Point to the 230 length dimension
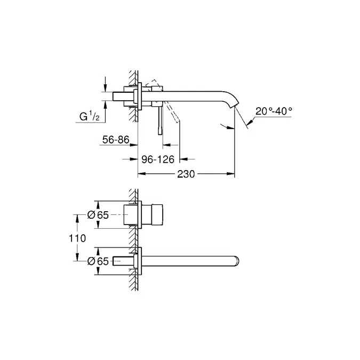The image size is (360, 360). click(186, 174)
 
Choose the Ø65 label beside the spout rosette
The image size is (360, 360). click(99, 261)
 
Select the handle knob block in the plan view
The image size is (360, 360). click(155, 214)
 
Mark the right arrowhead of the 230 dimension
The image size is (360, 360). click(233, 174)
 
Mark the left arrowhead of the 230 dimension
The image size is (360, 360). click(141, 174)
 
